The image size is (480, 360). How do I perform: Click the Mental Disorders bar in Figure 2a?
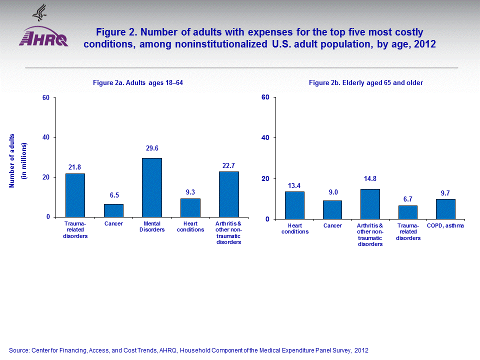tap(152, 187)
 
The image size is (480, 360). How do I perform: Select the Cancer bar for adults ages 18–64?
tap(113, 210)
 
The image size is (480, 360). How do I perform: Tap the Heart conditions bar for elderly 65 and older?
tap(294, 205)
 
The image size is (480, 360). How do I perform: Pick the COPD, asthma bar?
tap(445, 209)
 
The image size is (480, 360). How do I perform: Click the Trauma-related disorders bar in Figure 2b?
tap(407, 212)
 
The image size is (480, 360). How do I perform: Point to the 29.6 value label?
tap(152, 148)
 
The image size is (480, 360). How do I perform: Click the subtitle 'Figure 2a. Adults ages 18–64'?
tap(135, 82)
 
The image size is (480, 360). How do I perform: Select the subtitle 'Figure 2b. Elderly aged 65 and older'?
tap(366, 82)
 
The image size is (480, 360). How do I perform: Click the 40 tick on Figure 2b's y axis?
tap(265, 138)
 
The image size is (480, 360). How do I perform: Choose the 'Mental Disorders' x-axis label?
tap(152, 226)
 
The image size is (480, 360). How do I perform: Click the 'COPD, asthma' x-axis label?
tap(445, 225)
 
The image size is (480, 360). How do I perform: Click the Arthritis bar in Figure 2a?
tap(229, 194)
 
